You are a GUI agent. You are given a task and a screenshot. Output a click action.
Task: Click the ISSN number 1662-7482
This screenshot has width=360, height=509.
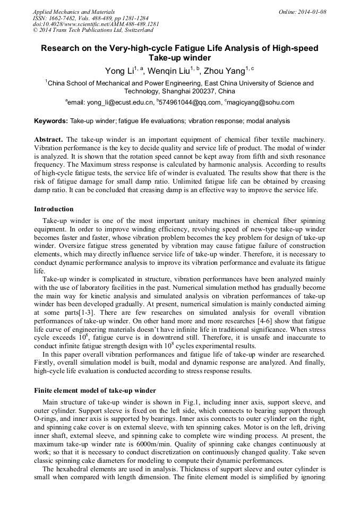point(64,18)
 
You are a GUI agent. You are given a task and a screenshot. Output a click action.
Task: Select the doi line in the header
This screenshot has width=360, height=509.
point(96,24)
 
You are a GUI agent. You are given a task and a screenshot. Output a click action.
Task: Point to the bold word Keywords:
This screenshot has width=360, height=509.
point(51,121)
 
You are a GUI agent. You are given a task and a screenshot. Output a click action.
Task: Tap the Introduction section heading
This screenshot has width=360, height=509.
point(54,209)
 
